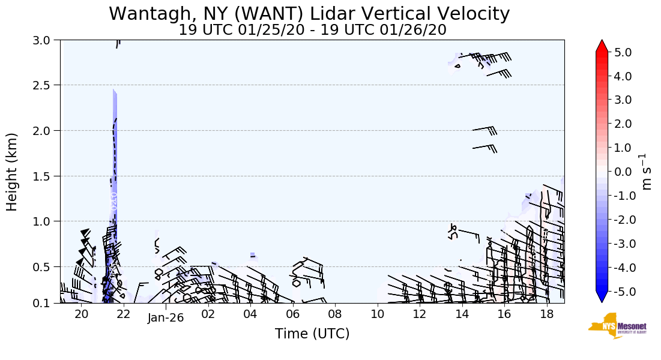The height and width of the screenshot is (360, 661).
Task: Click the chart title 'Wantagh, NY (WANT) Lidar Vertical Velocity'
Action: pyautogui.click(x=309, y=13)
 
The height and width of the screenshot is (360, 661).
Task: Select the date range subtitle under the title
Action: pyautogui.click(x=312, y=30)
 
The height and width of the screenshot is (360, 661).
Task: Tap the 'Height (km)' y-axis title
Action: pyautogui.click(x=12, y=172)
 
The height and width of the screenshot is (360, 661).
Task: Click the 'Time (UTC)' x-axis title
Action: pyautogui.click(x=312, y=334)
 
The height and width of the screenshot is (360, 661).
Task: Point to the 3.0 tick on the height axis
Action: pyautogui.click(x=45, y=40)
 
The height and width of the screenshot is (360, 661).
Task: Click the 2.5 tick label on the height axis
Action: pyautogui.click(x=45, y=85)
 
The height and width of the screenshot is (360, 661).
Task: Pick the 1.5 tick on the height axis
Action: pyautogui.click(x=45, y=176)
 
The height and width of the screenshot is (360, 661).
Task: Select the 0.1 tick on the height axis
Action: pyautogui.click(x=45, y=303)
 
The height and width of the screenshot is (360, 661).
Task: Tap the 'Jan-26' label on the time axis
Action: pyautogui.click(x=166, y=318)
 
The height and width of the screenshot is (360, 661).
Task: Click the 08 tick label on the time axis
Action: pyautogui.click(x=334, y=314)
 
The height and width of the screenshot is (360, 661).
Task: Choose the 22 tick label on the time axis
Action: pyautogui.click(x=123, y=314)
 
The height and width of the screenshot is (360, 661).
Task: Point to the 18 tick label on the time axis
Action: pyautogui.click(x=546, y=314)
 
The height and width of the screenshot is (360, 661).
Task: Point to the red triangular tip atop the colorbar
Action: pyautogui.click(x=602, y=46)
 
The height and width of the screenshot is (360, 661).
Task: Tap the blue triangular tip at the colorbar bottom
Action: pyautogui.click(x=602, y=296)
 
